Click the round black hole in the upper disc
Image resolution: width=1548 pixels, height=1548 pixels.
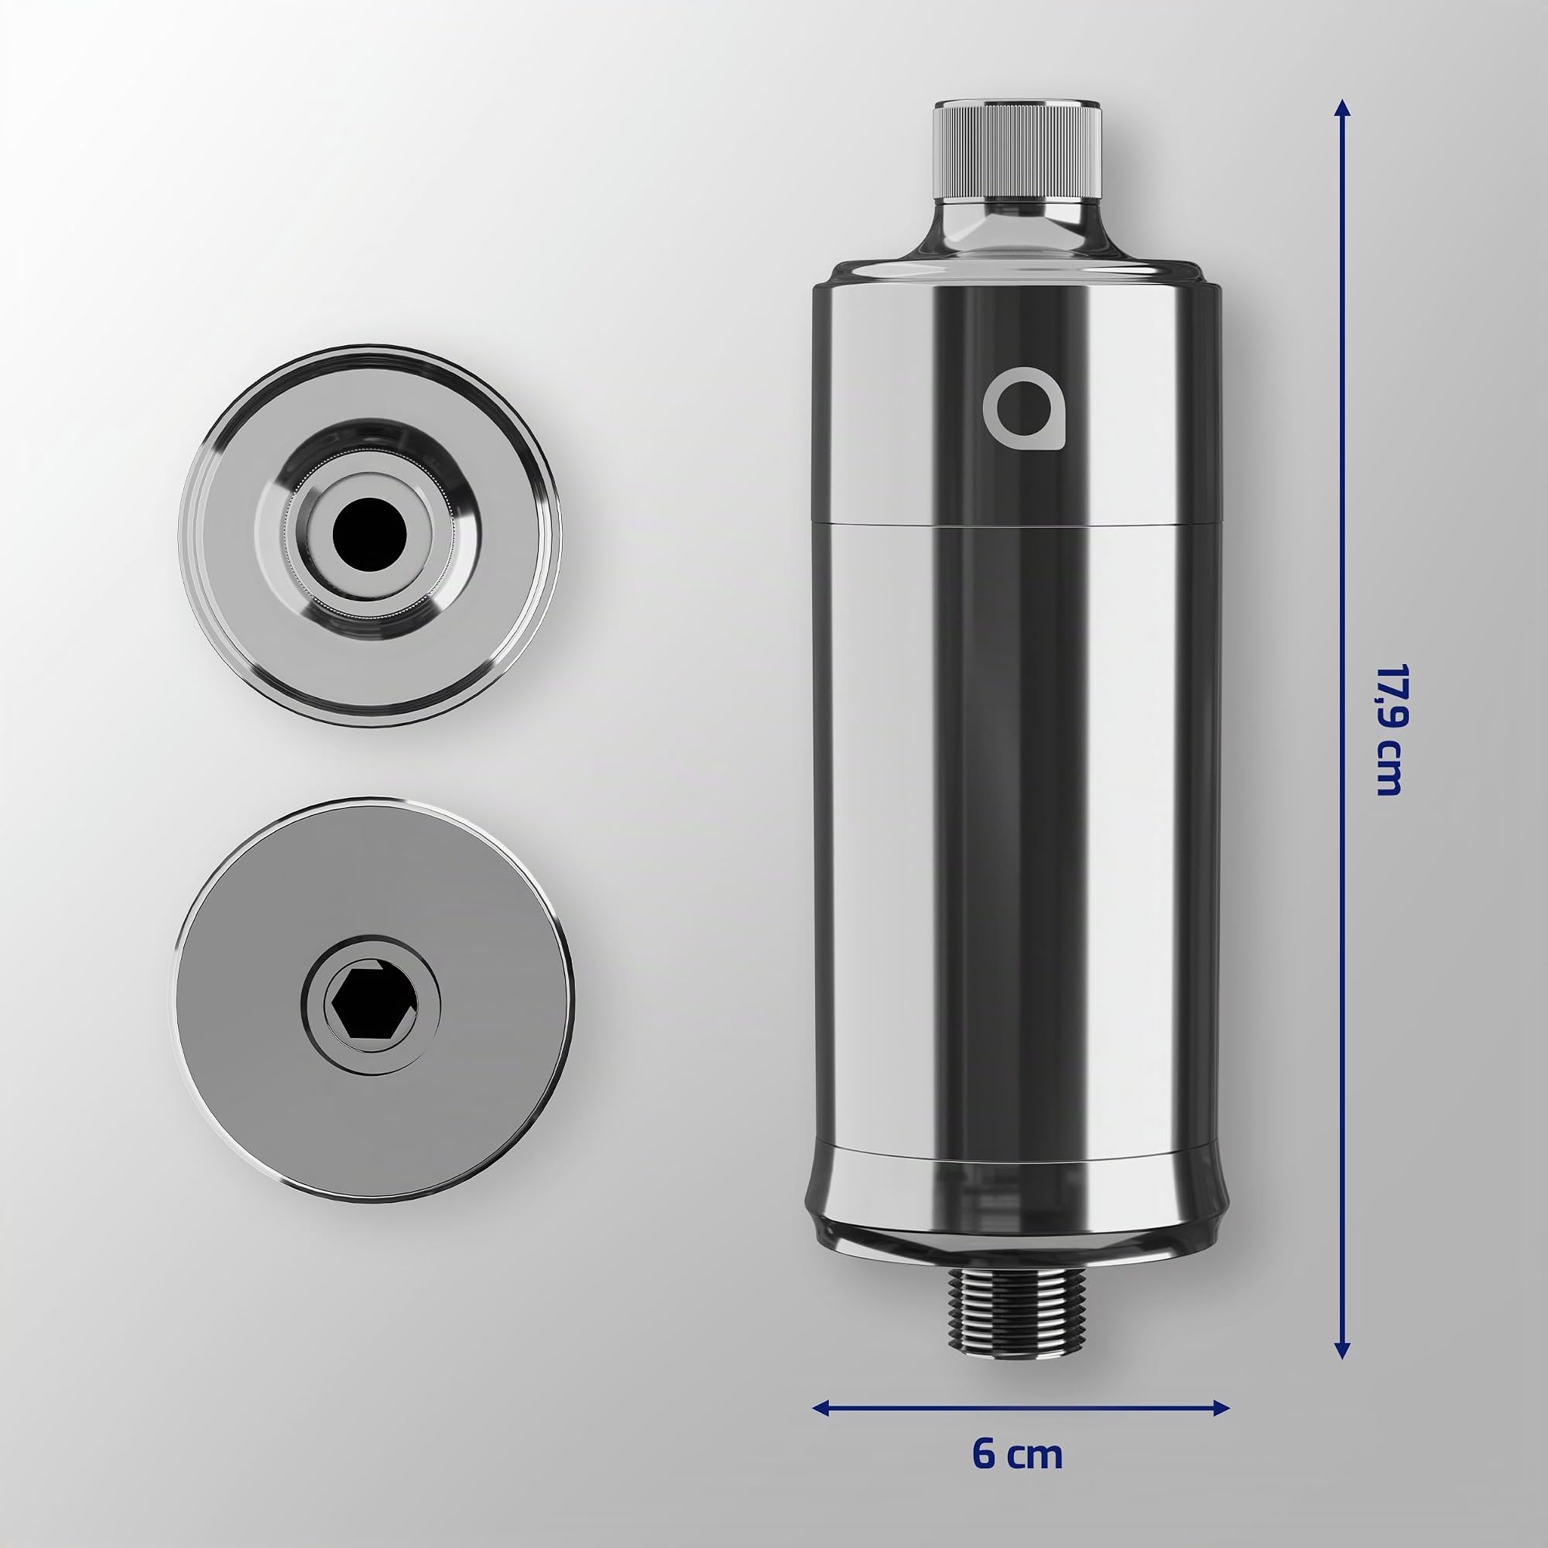point(370,532)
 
